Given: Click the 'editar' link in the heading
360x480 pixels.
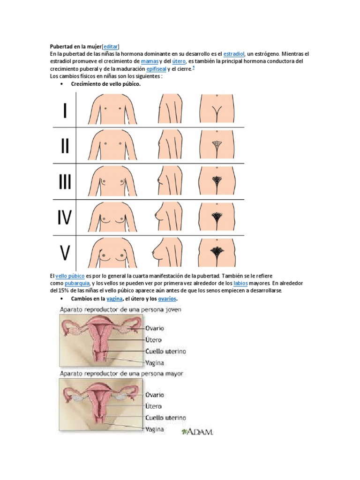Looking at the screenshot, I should tap(110, 46).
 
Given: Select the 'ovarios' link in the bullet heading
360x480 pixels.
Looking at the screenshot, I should tap(168, 299).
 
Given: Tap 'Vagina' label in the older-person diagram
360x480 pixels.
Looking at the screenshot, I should tap(155, 429).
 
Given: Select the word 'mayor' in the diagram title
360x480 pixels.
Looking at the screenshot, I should tap(173, 374).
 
